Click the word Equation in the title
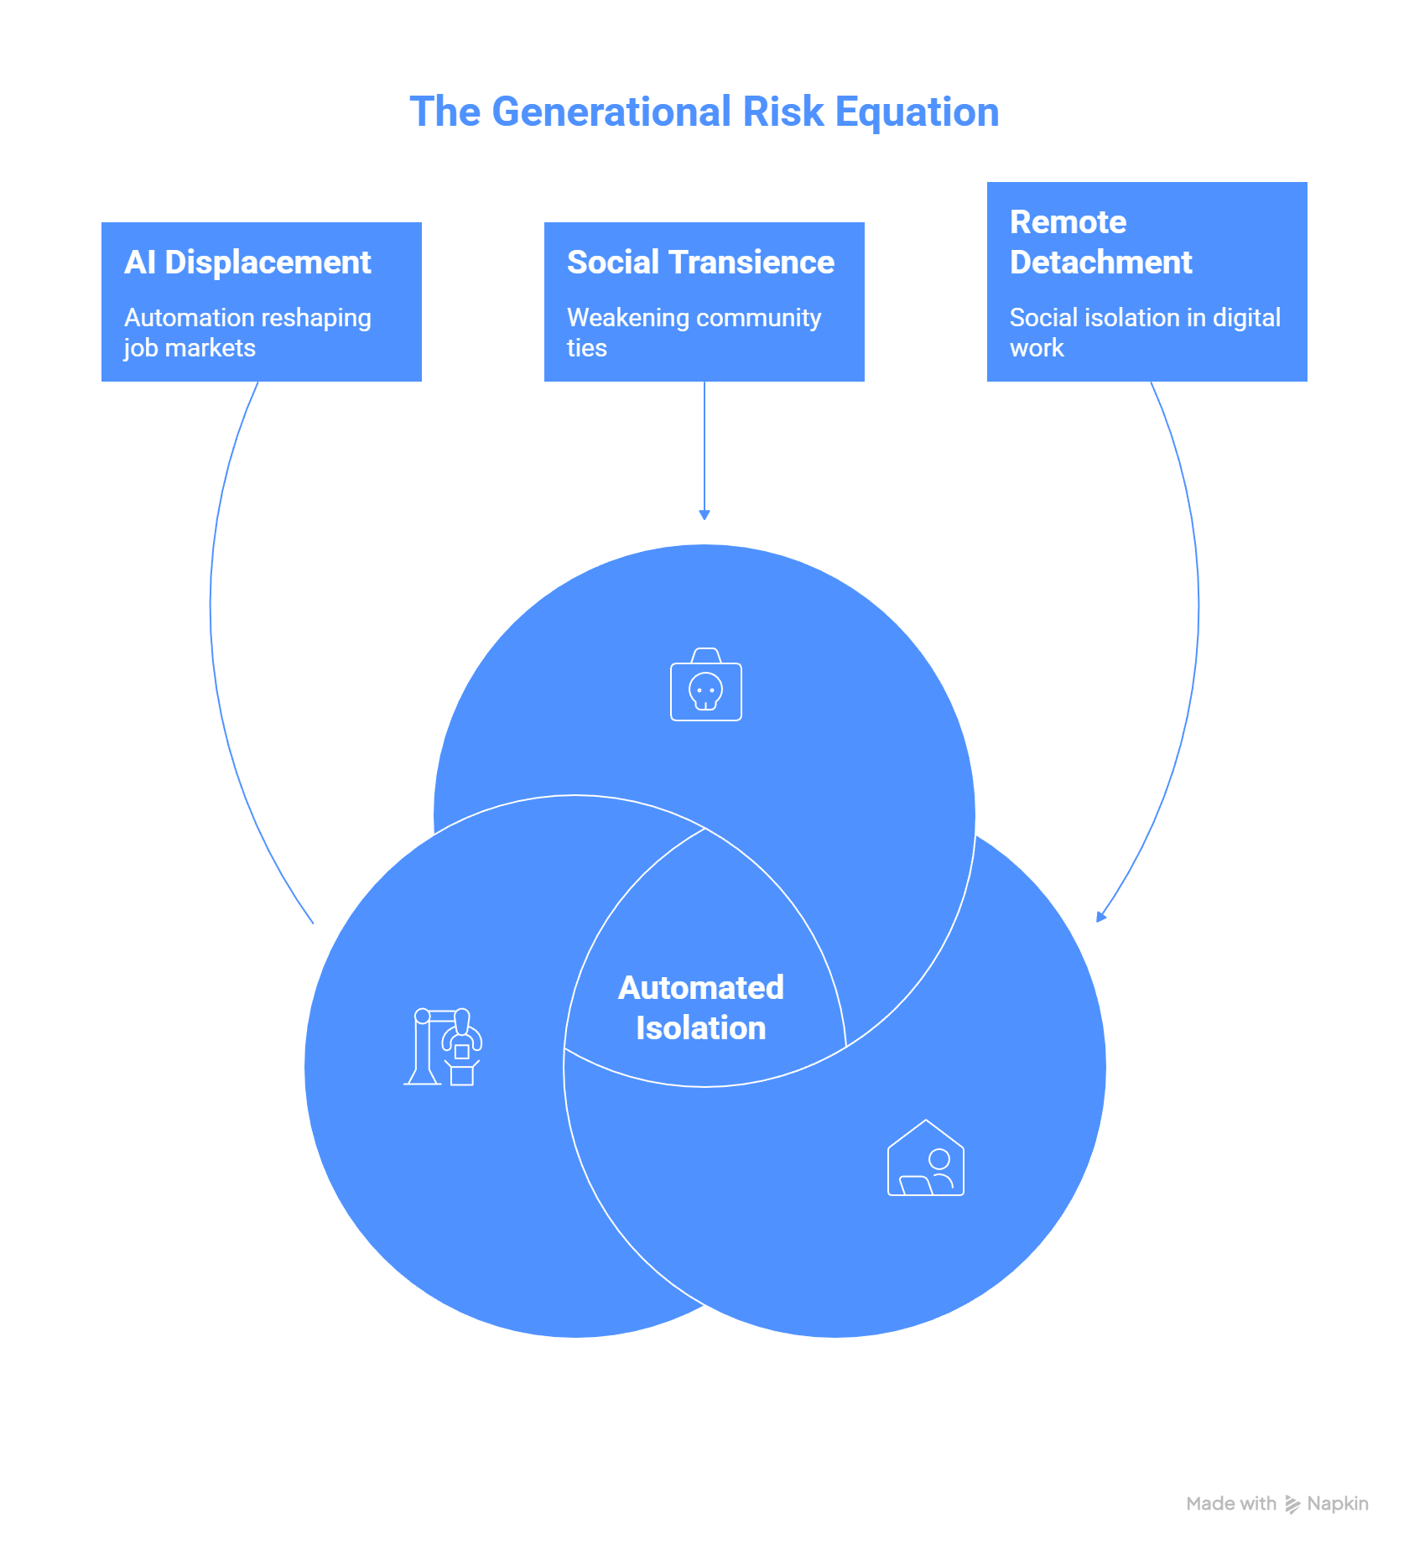click(x=918, y=112)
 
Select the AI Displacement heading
click(x=247, y=263)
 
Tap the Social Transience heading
click(x=700, y=263)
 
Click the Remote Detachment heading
click(x=1100, y=242)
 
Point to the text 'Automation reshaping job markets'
click(x=247, y=333)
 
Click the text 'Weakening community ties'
click(x=694, y=333)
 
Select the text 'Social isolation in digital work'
click(x=1145, y=333)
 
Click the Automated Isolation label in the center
click(x=701, y=1008)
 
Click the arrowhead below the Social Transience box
click(x=704, y=515)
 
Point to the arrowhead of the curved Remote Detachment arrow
click(x=1101, y=916)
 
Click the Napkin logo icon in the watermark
click(x=1292, y=1504)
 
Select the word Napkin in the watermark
click(x=1338, y=1504)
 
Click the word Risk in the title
click(x=783, y=112)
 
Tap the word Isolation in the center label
click(x=701, y=1028)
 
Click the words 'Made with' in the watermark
click(x=1231, y=1504)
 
